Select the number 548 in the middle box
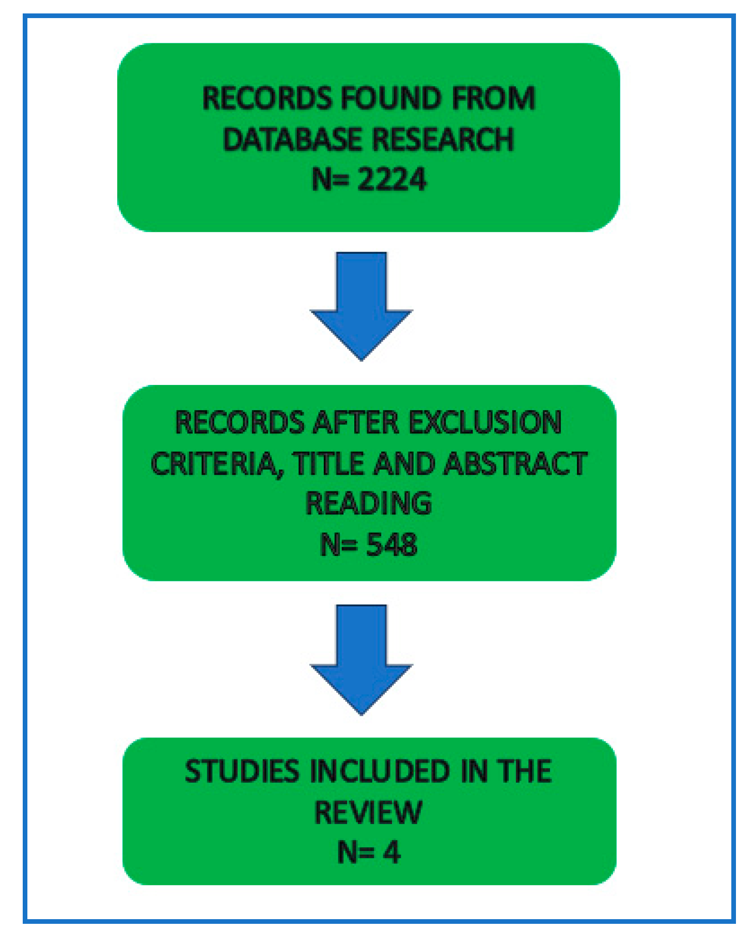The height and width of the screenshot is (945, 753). coord(391,544)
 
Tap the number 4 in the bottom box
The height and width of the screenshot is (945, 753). coord(391,852)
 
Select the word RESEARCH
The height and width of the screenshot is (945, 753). coord(443,140)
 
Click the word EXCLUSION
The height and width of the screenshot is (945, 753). coord(485,422)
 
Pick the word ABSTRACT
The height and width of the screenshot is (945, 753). coord(515,463)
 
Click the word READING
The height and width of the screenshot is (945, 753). coord(369,503)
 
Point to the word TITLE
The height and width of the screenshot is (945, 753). coord(330,463)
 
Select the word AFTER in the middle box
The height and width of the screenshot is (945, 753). coord(356,422)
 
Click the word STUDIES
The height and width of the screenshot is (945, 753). coord(242,771)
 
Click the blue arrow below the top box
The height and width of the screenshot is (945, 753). coord(361,305)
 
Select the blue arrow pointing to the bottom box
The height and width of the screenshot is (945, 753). coord(361,659)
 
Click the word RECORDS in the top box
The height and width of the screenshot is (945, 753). coord(266,98)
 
